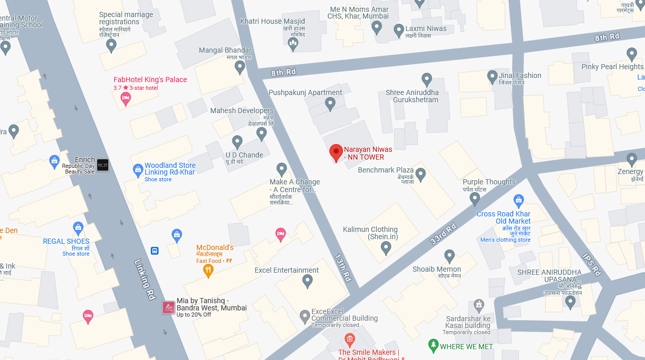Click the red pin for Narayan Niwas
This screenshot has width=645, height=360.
click(x=336, y=153)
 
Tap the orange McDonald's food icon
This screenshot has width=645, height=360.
click(x=209, y=270)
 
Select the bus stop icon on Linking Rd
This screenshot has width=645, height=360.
click(x=154, y=251)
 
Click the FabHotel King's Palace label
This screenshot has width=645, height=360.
click(x=150, y=80)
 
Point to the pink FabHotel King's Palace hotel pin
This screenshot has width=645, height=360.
click(x=125, y=98)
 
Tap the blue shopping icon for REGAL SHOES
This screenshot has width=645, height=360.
click(x=78, y=227)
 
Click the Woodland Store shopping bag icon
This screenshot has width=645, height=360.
click(x=138, y=169)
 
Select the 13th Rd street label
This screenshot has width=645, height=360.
click(x=343, y=267)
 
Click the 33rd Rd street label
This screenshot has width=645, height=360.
click(x=443, y=233)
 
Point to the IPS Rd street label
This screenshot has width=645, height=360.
click(x=592, y=264)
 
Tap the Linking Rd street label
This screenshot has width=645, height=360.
click(x=145, y=279)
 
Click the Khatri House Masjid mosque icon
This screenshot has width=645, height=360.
click(x=293, y=44)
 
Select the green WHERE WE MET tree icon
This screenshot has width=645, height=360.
click(x=433, y=346)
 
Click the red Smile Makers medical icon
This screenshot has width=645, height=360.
click(x=350, y=340)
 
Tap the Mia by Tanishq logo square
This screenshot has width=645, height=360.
click(x=168, y=307)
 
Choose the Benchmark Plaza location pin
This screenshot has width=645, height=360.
click(x=420, y=175)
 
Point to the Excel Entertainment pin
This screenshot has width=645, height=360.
click(x=307, y=281)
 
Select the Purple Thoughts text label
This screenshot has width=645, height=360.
click(x=489, y=182)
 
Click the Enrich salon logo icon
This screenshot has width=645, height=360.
click(x=103, y=165)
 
